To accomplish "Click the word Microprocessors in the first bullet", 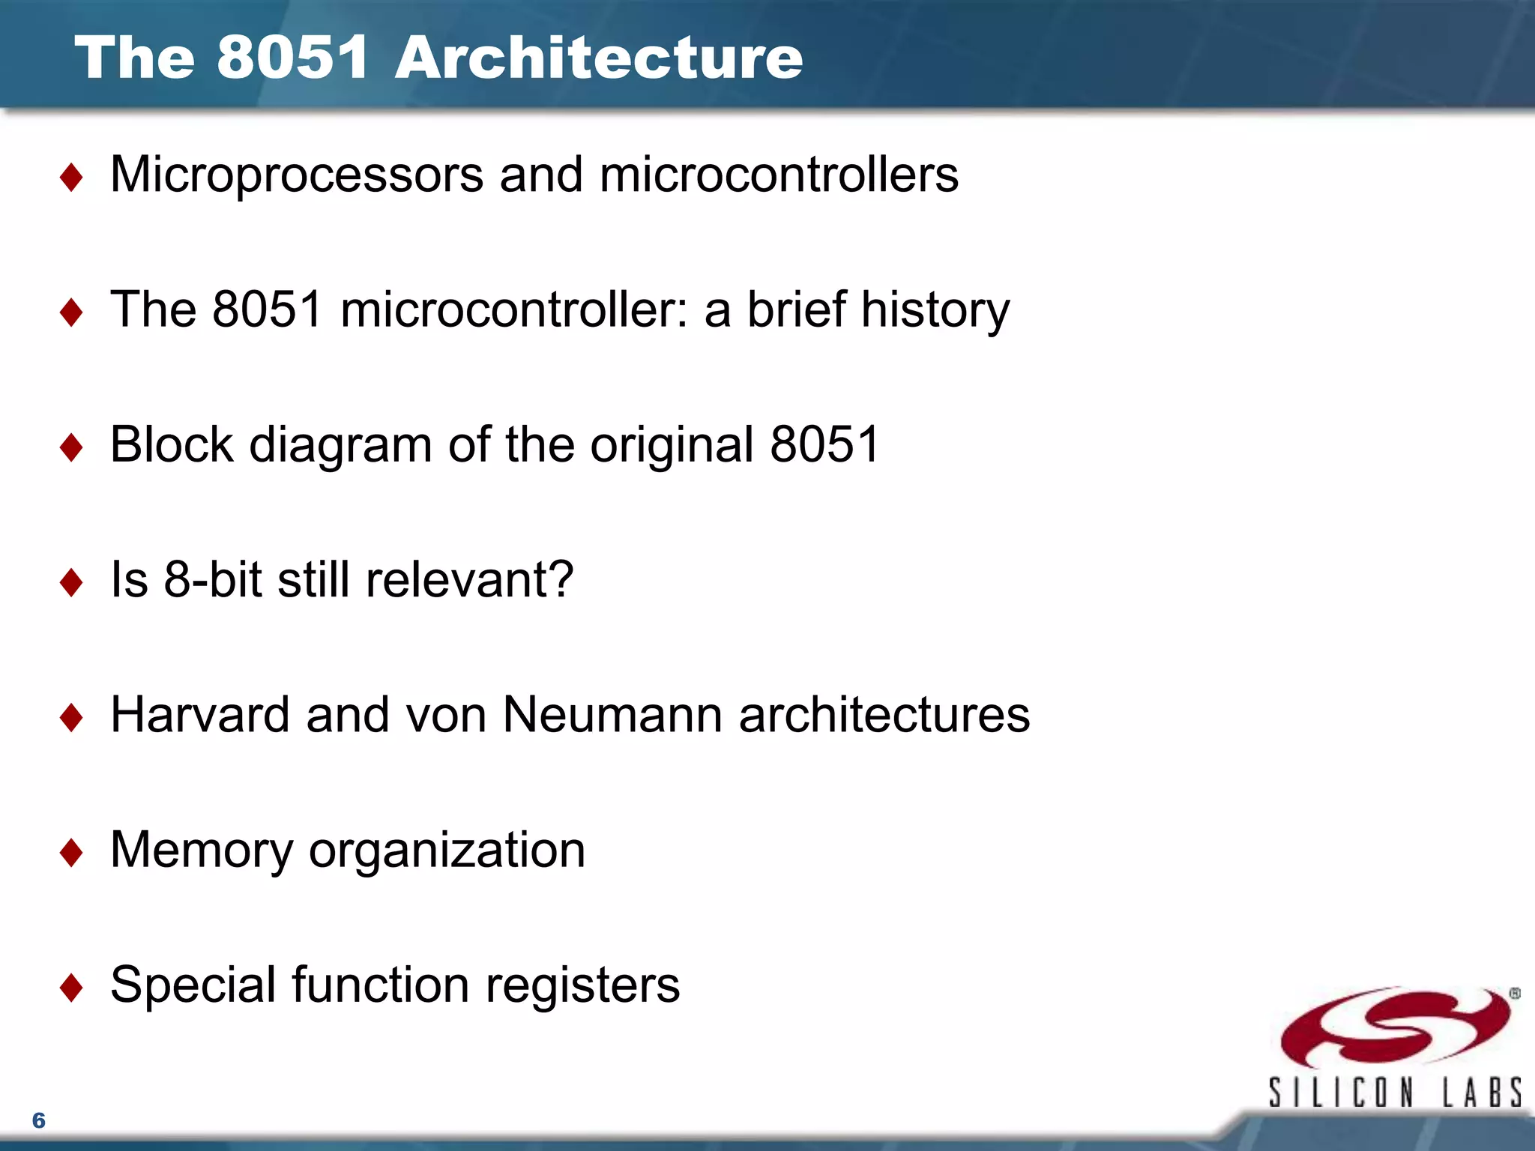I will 297,175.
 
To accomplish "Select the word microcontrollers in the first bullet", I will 779,175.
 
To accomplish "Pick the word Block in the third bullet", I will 172,444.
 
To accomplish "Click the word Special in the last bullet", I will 193,985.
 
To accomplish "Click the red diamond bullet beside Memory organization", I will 71,853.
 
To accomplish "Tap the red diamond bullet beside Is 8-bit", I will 71,582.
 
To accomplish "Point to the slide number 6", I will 39,1120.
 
